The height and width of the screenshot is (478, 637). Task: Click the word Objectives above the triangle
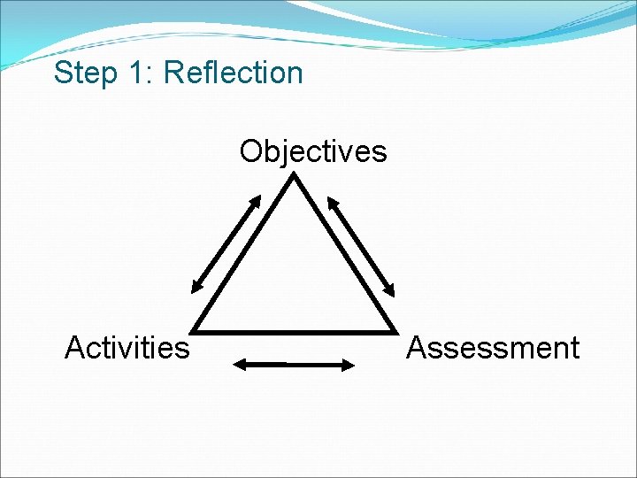click(312, 151)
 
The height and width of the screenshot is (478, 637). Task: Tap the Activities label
click(127, 348)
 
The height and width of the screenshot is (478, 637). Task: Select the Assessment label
click(492, 348)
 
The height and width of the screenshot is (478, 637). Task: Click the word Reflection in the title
click(234, 73)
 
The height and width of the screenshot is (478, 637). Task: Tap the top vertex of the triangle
click(294, 175)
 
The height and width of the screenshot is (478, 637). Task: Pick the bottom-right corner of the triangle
click(394, 331)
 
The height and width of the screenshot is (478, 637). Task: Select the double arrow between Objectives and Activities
click(226, 244)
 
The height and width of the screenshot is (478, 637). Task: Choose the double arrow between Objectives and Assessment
click(363, 244)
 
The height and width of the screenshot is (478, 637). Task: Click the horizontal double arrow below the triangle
click(293, 363)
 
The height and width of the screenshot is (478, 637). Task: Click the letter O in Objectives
click(250, 151)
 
